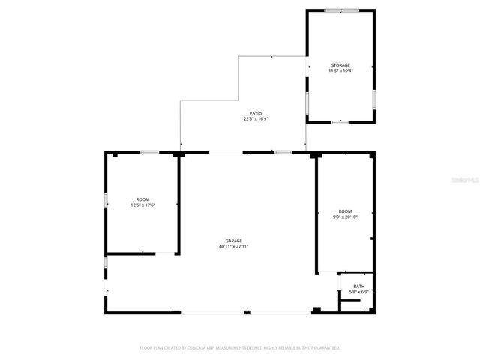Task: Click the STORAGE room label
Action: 340,65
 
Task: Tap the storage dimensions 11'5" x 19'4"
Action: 340,70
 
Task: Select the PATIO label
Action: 256,113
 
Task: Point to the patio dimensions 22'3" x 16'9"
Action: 256,118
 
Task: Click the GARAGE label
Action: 233,241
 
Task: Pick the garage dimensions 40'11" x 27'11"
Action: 233,246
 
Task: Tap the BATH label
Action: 359,286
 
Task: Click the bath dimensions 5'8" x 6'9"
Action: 359,291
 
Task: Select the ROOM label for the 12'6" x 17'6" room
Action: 142,199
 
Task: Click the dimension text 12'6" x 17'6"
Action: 142,205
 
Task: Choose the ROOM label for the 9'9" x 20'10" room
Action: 345,211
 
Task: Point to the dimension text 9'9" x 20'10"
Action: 345,217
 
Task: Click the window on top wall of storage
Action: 335,10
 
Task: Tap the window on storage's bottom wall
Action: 340,121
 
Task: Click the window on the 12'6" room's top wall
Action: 149,152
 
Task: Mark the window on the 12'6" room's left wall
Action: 106,200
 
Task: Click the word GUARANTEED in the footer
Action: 324,347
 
